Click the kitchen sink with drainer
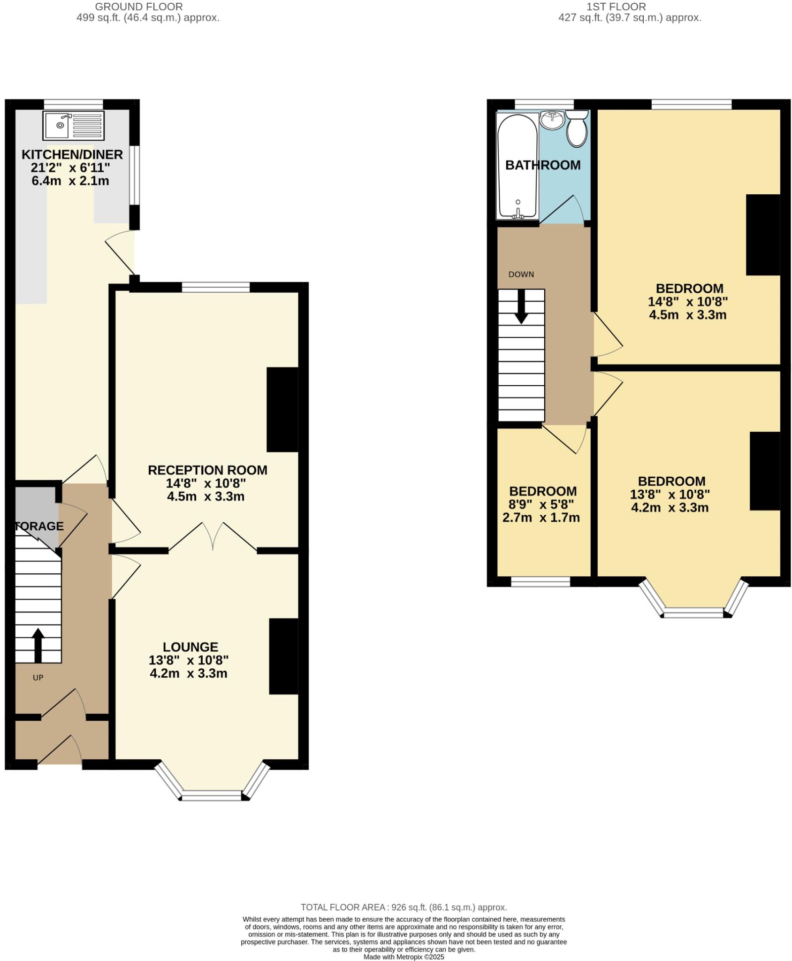pyautogui.click(x=73, y=125)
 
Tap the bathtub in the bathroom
pyautogui.click(x=517, y=167)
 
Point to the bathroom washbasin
pyautogui.click(x=552, y=120)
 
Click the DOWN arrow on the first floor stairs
pyautogui.click(x=521, y=306)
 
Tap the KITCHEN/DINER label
pyautogui.click(x=72, y=154)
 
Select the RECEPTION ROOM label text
pyautogui.click(x=207, y=470)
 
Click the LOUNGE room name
pyautogui.click(x=190, y=647)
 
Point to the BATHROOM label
pyautogui.click(x=542, y=165)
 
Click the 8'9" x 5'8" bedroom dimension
pyautogui.click(x=541, y=504)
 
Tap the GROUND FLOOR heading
pyautogui.click(x=138, y=7)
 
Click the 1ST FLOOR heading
pyautogui.click(x=616, y=7)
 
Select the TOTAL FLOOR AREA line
pyautogui.click(x=404, y=907)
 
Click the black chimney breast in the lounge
pyautogui.click(x=283, y=656)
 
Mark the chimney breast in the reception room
pyautogui.click(x=282, y=410)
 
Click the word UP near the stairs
pyautogui.click(x=38, y=678)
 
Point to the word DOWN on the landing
pyautogui.click(x=521, y=275)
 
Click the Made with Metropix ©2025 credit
pyautogui.click(x=404, y=957)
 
